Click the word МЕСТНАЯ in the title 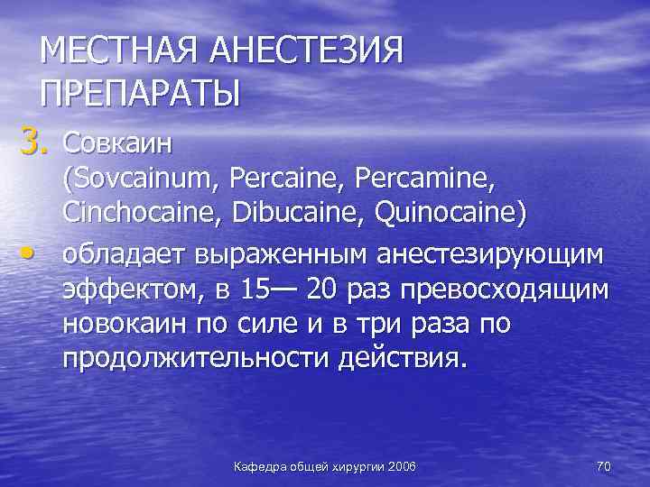tap(118, 51)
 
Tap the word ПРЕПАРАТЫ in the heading tap(140, 94)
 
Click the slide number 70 tap(604, 464)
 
